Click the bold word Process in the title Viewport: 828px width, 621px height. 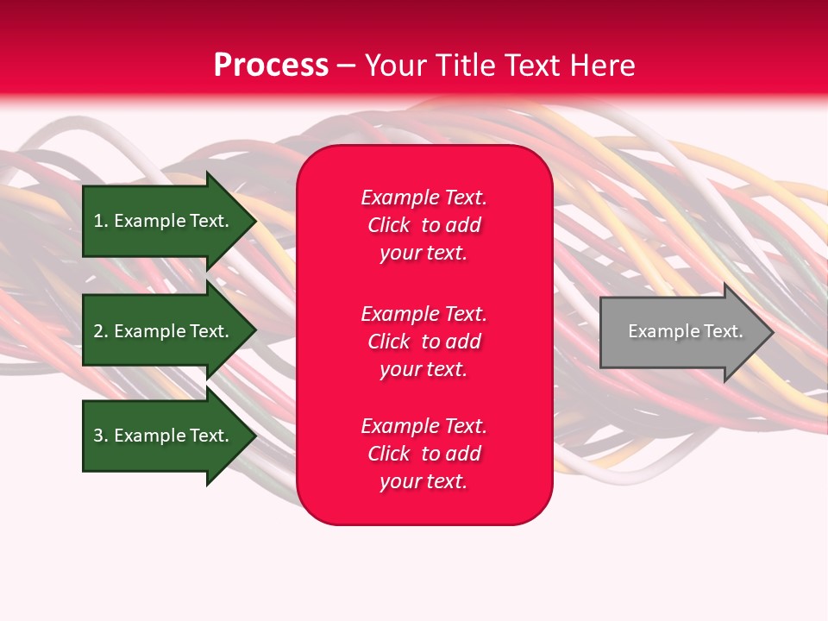[271, 66]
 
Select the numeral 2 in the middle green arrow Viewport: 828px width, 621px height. [98, 331]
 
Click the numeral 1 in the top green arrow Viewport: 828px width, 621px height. [98, 221]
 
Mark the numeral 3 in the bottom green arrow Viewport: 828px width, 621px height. [98, 436]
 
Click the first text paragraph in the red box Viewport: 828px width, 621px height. [423, 225]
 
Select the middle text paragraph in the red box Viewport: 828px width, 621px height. [423, 342]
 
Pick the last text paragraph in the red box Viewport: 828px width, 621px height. [423, 454]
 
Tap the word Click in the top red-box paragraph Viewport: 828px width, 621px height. [388, 225]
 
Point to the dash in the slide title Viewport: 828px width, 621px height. [346, 66]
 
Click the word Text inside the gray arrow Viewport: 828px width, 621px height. [723, 331]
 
